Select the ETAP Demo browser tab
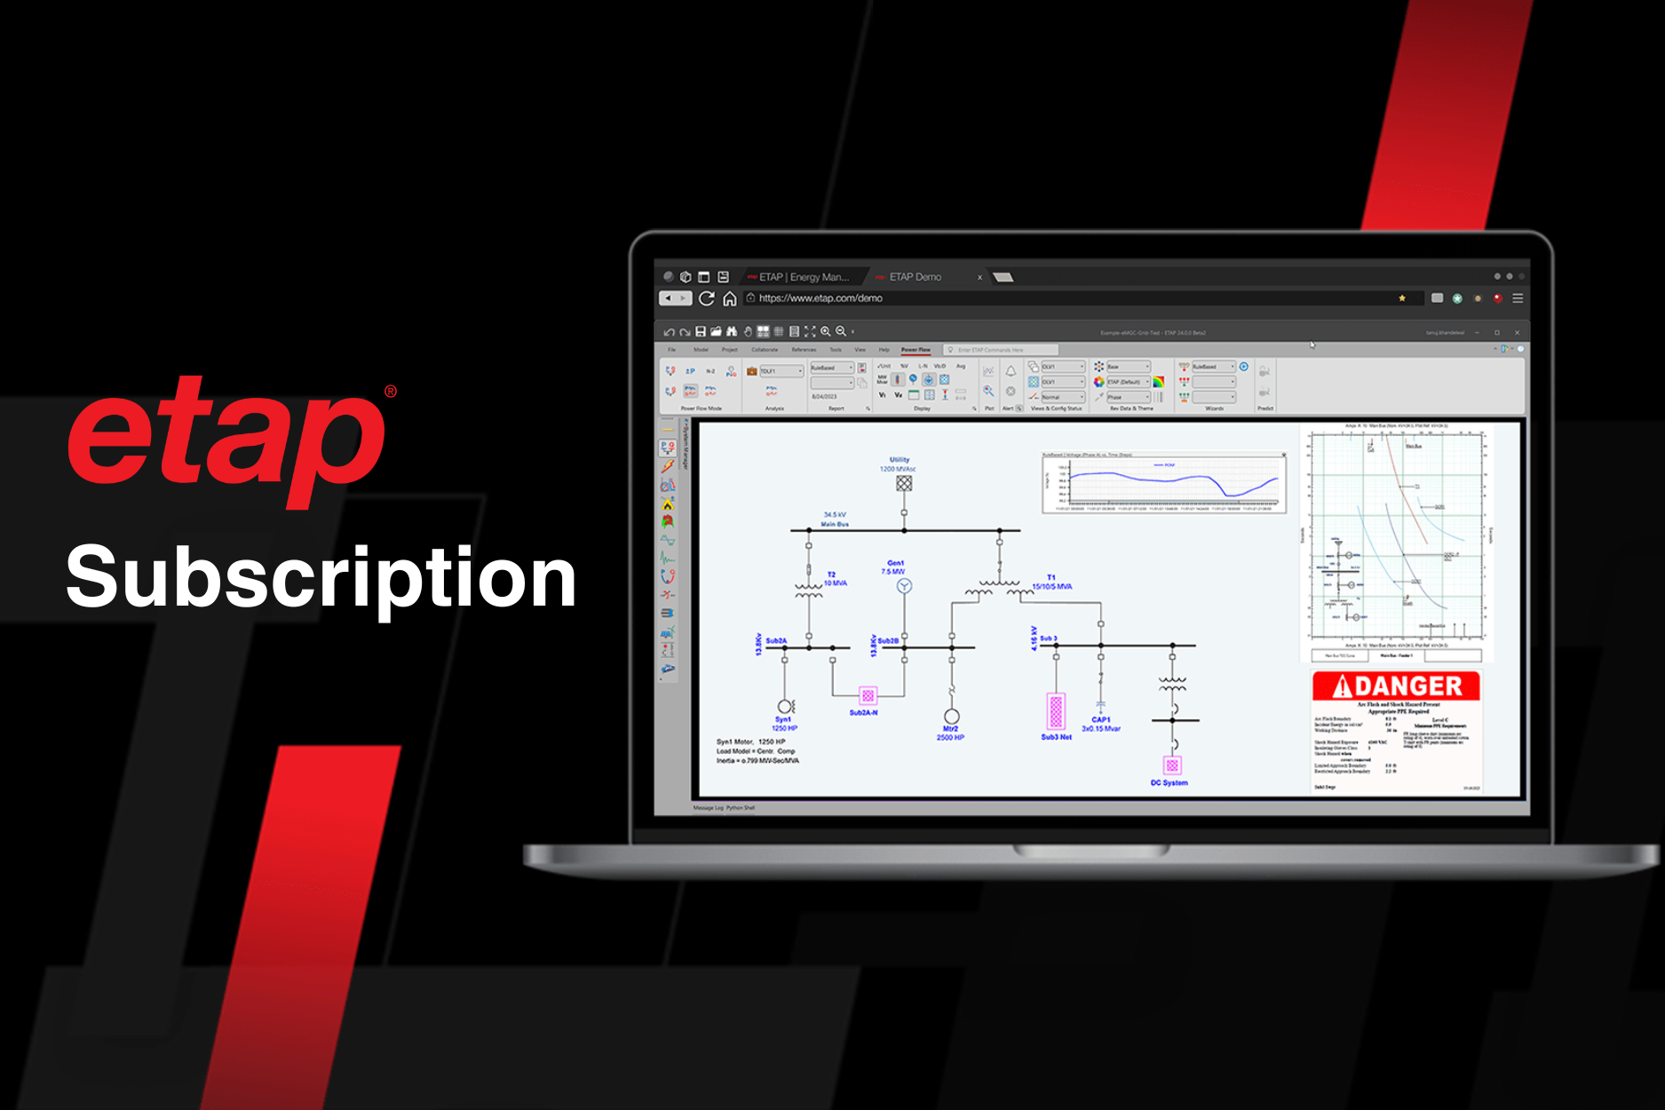pyautogui.click(x=915, y=277)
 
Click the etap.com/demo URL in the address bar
pyautogui.click(x=821, y=298)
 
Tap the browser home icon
pyautogui.click(x=729, y=298)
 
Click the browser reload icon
pyautogui.click(x=707, y=298)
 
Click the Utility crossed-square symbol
pyautogui.click(x=904, y=483)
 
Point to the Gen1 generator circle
pyautogui.click(x=904, y=586)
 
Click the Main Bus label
pyautogui.click(x=835, y=524)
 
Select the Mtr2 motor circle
pyautogui.click(x=951, y=717)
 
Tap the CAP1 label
pyautogui.click(x=1101, y=720)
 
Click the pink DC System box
pyautogui.click(x=1172, y=765)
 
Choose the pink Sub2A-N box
pyautogui.click(x=868, y=695)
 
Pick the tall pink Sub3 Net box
pyautogui.click(x=1056, y=711)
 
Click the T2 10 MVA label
pyautogui.click(x=835, y=579)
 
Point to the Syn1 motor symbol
pyautogui.click(x=785, y=707)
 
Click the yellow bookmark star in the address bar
pyautogui.click(x=1402, y=298)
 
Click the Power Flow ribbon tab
pyautogui.click(x=916, y=350)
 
